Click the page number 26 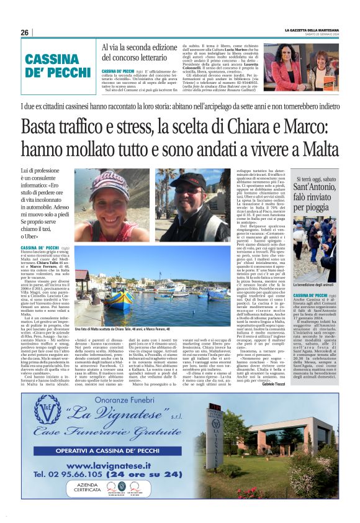(25, 32)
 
